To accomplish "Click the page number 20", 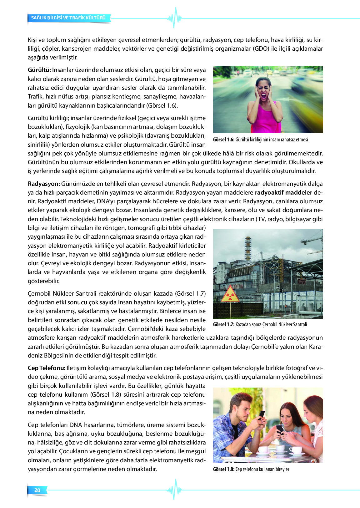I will point(37,490).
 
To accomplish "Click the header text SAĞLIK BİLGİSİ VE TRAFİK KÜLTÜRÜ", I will point(68,18).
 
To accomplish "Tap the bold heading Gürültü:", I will point(39,70).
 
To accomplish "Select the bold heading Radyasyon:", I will point(44,184).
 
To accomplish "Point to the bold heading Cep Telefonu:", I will point(47,368).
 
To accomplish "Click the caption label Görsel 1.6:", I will point(223,140).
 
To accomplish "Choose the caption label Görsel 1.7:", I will point(223,324).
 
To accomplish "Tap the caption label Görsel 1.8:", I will point(223,469).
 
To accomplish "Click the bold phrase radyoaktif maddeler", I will point(283,192).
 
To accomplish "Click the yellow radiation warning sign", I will point(231,295).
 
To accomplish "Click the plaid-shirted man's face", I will point(242,408).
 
